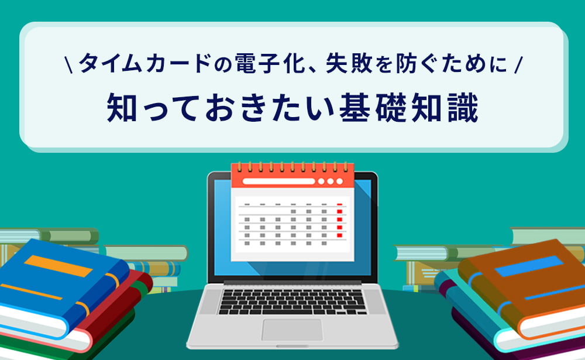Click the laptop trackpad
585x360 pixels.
pos(292,330)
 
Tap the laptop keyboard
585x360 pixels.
pos(292,302)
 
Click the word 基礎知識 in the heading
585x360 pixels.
pos(408,108)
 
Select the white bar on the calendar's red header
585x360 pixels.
pos(278,181)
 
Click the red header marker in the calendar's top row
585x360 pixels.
pos(339,204)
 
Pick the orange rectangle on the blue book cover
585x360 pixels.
pos(58,266)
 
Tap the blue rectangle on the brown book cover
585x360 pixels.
pos(529,266)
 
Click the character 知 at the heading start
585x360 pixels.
pos(122,108)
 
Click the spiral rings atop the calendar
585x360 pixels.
pos(292,167)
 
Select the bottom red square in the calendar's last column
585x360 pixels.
pos(339,235)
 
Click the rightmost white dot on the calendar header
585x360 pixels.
pos(339,181)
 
